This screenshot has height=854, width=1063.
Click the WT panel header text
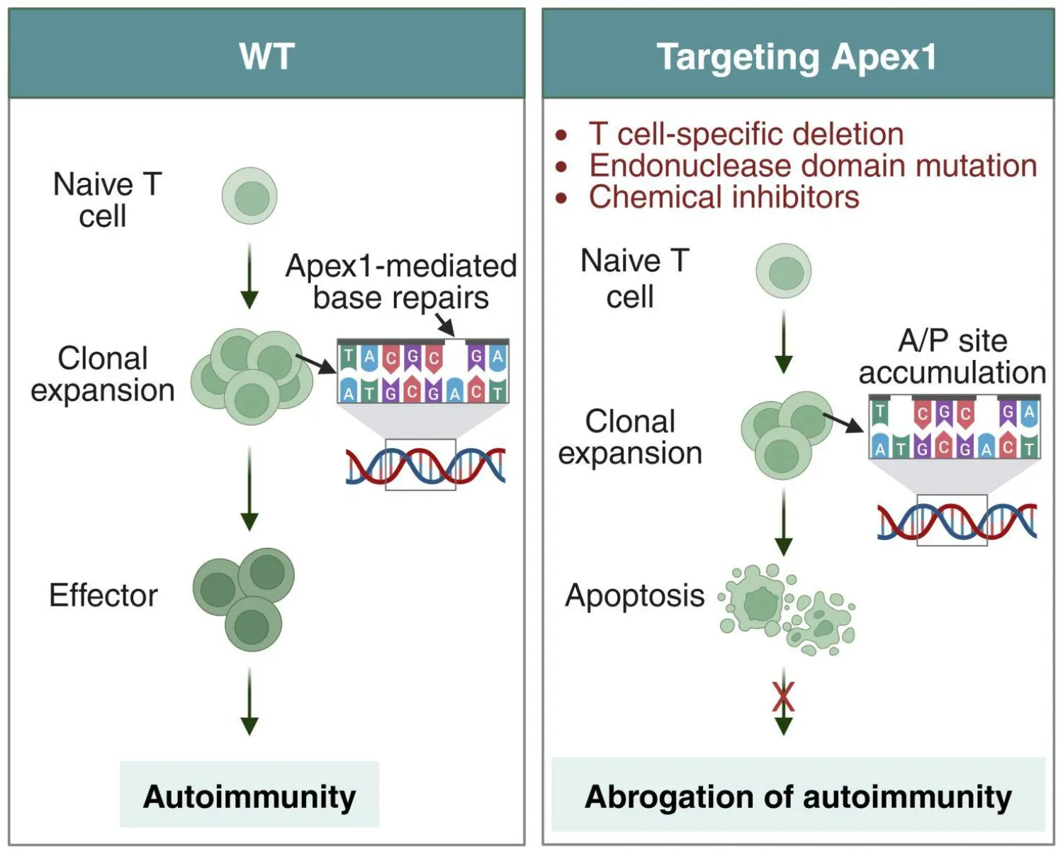266,56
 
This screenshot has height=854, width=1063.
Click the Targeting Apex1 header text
797,57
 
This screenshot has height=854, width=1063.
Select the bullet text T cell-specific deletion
746,134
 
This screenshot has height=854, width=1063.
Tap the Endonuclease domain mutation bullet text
813,165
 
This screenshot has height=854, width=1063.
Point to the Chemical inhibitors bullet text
724,197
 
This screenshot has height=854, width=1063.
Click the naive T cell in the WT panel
249,196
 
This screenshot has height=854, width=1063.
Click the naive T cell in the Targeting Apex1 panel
784,271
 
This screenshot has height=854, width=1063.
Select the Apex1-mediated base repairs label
400,281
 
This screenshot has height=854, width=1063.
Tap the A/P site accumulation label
952,356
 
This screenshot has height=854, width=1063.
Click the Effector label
103,595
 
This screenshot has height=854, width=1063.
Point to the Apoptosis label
634,595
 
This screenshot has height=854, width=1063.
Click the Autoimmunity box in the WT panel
249,795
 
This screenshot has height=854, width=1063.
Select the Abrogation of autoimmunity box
798,795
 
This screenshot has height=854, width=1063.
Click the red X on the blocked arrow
784,697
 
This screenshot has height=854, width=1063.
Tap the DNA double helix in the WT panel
425,466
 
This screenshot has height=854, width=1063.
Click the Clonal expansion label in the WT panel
103,374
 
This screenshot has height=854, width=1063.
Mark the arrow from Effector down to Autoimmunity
249,702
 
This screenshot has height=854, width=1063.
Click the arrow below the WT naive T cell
249,276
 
